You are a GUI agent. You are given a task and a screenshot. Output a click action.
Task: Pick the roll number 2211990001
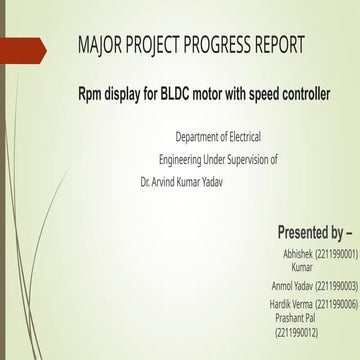(x=336, y=255)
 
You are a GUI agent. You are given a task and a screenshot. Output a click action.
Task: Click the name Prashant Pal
(x=296, y=316)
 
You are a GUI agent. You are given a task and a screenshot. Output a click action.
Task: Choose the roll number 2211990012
(x=296, y=331)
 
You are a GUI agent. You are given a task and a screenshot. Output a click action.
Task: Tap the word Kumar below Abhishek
(x=301, y=268)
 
